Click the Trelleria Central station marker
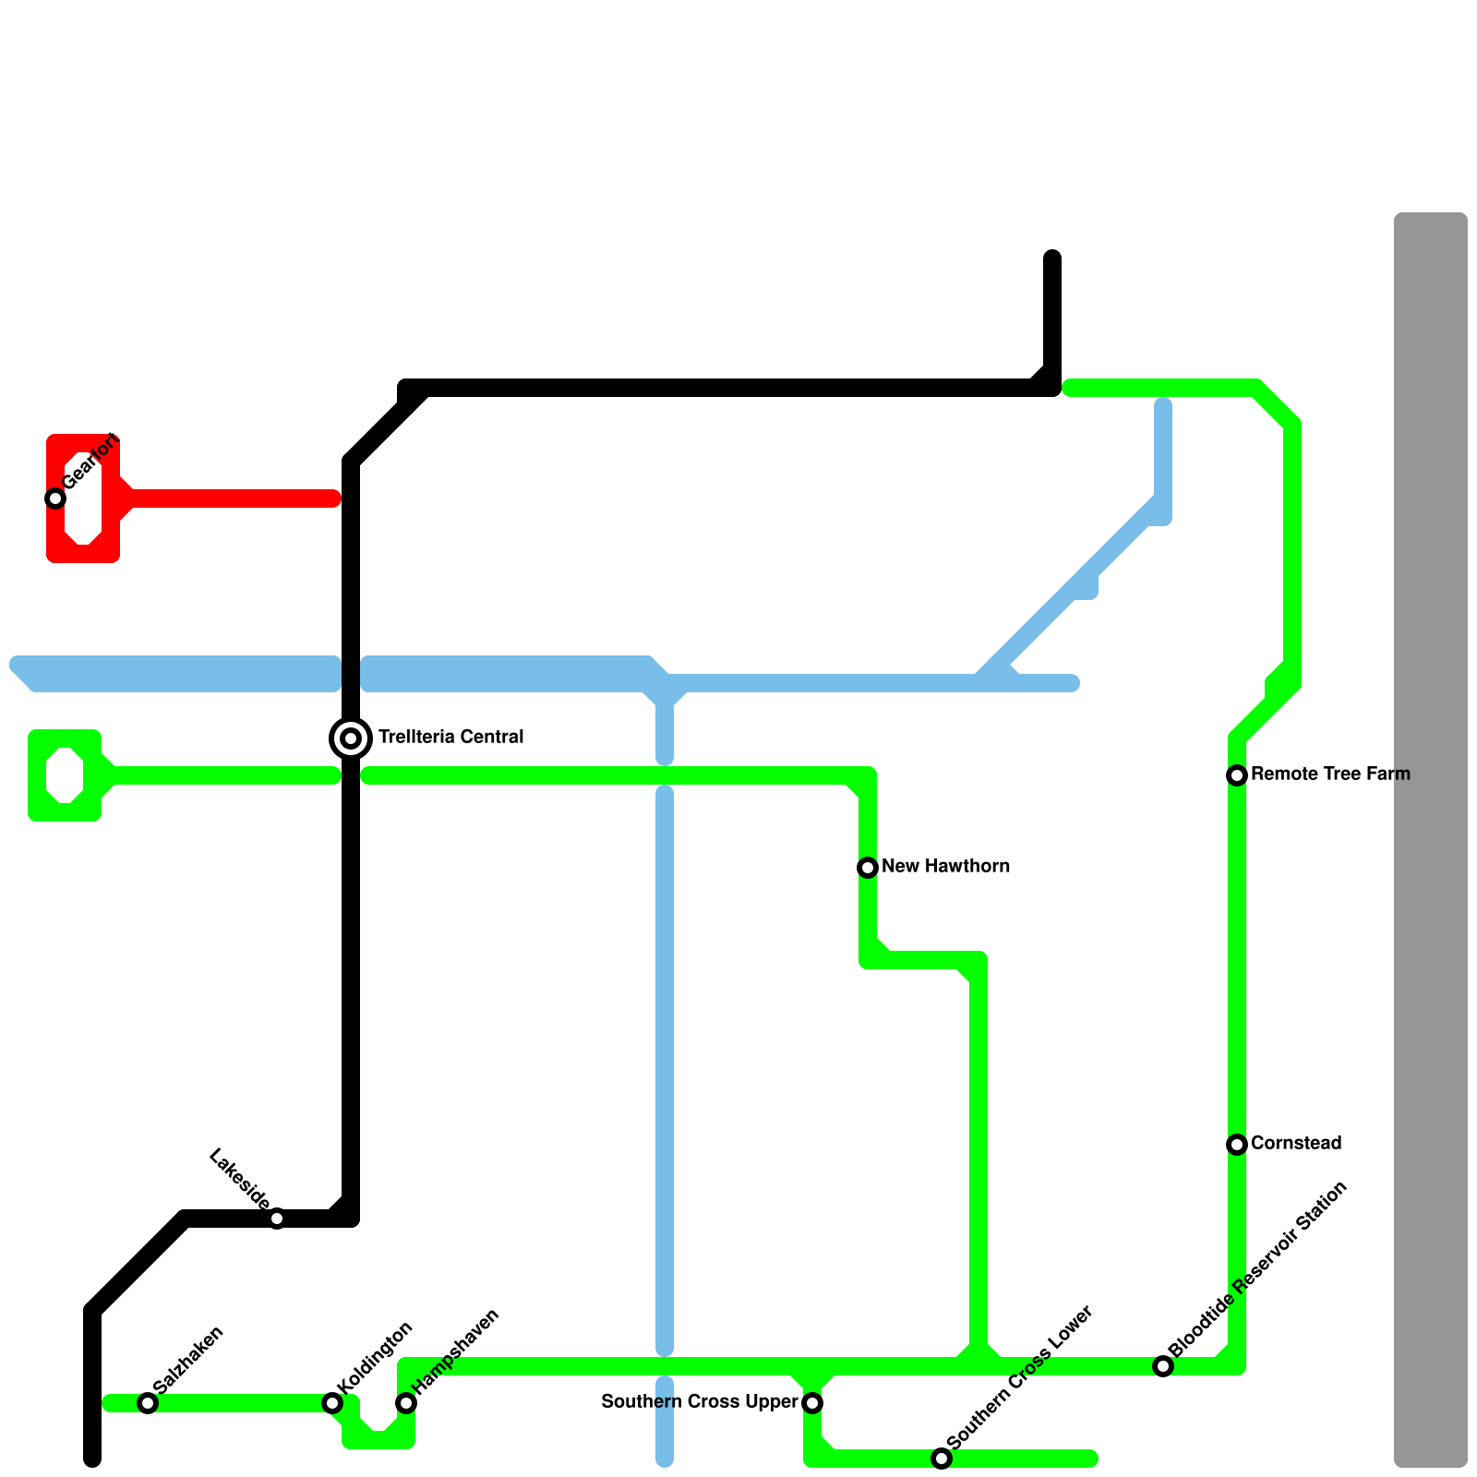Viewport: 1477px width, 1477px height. [351, 738]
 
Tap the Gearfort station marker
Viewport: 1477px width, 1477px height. [55, 498]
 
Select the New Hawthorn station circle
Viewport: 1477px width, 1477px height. [868, 868]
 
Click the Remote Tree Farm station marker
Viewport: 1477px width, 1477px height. [1237, 775]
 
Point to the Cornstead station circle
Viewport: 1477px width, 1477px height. [1237, 1145]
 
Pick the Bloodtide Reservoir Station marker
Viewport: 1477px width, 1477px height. [1163, 1366]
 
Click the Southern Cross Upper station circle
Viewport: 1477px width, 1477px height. [812, 1403]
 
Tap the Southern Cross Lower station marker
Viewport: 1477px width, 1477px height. [942, 1459]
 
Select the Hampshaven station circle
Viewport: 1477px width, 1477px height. [406, 1403]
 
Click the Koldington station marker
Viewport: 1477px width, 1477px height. [332, 1403]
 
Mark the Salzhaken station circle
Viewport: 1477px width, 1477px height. [148, 1403]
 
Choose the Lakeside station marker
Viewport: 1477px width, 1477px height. [277, 1219]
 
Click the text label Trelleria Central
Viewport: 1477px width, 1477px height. [450, 737]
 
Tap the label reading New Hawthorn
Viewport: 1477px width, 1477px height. [945, 866]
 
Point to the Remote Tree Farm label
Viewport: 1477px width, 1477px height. [1330, 774]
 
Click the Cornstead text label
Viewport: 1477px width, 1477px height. [1295, 1143]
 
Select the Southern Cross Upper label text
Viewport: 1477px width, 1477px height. [699, 1401]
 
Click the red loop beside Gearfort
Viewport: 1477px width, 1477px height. [83, 498]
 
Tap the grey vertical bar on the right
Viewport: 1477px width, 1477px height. [1430, 840]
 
